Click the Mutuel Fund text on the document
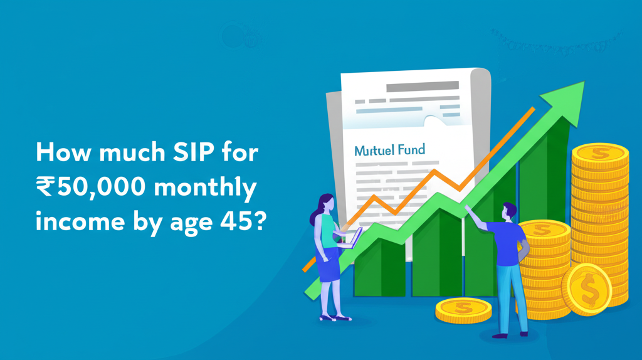(x=389, y=151)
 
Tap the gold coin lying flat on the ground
(x=463, y=309)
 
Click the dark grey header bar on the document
(x=414, y=86)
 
